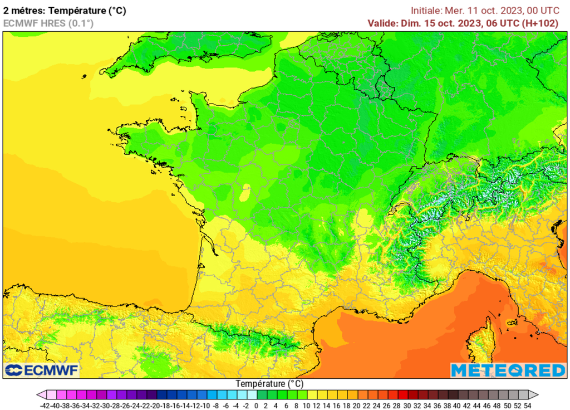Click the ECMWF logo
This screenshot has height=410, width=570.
coord(42,370)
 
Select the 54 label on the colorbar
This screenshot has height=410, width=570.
coord(527,406)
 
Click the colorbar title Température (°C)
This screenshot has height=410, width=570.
coord(269,384)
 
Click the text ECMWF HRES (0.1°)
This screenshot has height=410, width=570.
coord(48,23)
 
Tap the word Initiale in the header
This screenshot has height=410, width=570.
coord(426,10)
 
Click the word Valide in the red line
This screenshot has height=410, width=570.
coord(382,23)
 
